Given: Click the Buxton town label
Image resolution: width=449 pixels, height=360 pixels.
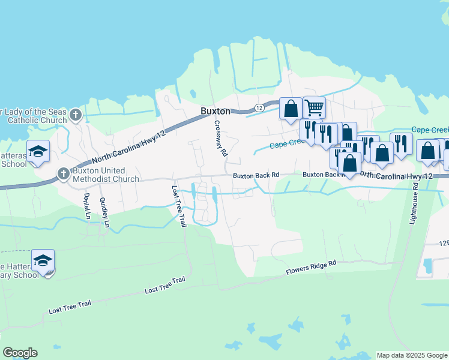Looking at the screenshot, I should click(215, 112).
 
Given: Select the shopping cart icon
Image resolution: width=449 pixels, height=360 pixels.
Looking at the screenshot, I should click(314, 108).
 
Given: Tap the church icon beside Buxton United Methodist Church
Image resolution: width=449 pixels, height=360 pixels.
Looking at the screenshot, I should click(63, 174).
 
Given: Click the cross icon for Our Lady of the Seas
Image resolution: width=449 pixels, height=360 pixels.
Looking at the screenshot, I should click(75, 114).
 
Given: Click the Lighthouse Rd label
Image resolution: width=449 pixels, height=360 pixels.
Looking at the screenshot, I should click(414, 204).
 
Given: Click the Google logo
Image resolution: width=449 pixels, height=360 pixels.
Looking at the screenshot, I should click(20, 353).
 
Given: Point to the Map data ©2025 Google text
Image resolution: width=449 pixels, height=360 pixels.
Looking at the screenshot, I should click(412, 355).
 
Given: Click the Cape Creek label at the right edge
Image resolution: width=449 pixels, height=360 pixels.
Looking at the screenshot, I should click(430, 130).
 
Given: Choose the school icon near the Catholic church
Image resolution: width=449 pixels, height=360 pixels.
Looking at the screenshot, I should click(38, 151).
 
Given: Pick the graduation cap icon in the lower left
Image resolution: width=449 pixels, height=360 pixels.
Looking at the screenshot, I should click(43, 261).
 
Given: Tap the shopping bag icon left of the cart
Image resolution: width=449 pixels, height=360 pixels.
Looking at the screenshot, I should click(291, 109).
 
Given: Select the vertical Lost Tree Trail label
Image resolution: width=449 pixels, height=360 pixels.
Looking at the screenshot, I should click(178, 206).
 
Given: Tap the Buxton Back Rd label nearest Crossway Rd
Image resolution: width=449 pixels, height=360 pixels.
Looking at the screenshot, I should click(256, 175).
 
